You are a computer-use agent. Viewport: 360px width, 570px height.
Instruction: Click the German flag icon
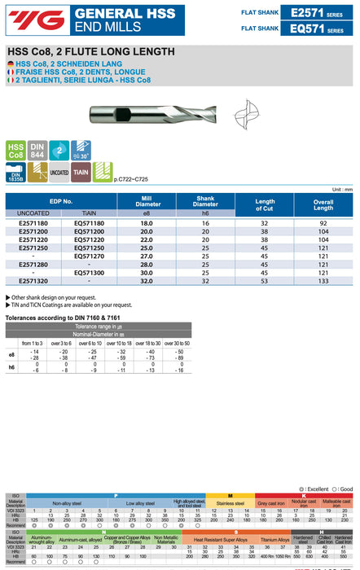click(9, 63)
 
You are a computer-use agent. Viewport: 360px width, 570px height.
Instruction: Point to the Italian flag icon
click(9, 79)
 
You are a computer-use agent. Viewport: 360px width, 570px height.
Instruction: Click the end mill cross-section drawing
click(248, 112)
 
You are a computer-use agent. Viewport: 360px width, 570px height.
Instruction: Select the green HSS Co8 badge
click(15, 151)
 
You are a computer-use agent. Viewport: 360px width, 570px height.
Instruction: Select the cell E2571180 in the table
click(33, 223)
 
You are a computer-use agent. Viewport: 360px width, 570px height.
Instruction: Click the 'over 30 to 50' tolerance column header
click(174, 344)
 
